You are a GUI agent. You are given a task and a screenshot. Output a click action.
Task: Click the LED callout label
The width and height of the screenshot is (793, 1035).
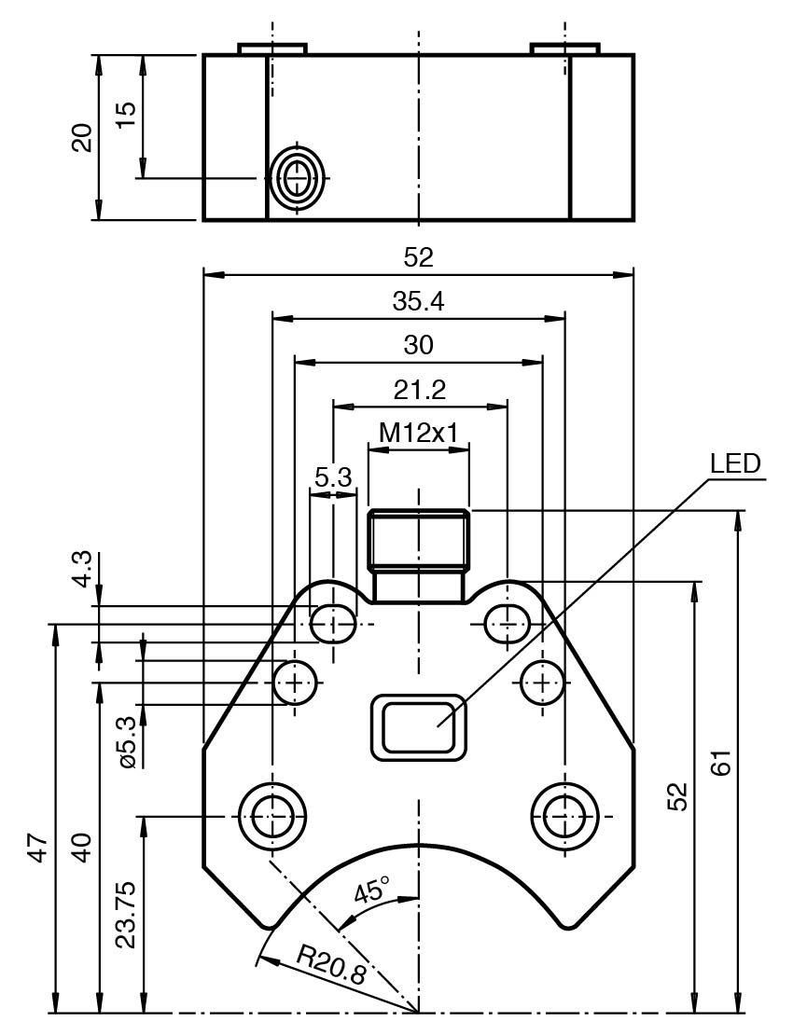click(734, 463)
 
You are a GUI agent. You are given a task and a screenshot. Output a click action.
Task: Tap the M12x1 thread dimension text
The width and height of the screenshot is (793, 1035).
click(419, 432)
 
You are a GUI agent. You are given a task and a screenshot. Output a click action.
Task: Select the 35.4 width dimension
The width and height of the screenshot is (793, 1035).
click(419, 302)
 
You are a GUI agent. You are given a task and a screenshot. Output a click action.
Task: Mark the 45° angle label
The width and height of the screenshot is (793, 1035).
click(370, 891)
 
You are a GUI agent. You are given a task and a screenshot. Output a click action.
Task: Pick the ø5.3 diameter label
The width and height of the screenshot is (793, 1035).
click(127, 742)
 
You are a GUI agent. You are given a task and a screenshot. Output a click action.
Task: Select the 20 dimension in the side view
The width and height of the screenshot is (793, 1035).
click(82, 137)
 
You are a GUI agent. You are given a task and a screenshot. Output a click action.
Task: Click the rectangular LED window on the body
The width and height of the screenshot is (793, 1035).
click(419, 725)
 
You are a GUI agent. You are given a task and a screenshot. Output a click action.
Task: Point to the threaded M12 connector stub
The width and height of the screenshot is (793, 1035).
click(419, 555)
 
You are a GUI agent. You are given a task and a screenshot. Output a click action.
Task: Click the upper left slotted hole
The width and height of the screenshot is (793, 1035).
click(333, 623)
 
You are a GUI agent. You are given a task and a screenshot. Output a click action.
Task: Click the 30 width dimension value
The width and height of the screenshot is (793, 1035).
click(419, 345)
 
